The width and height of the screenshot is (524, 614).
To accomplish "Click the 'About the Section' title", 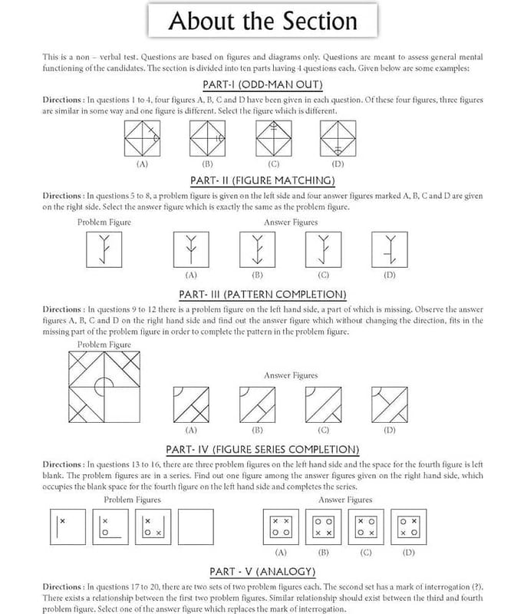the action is coord(262,21).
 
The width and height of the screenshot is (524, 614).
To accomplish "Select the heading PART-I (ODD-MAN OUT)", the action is coord(262,84).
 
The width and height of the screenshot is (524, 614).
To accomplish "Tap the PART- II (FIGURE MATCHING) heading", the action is coord(262,180).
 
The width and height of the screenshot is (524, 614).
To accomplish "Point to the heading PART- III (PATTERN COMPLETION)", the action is coord(262,295).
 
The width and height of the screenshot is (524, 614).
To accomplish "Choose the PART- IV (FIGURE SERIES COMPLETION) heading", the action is coord(262,450).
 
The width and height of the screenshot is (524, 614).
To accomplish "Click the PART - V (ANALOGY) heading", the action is coord(262,572).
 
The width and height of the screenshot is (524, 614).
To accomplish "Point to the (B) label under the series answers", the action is coord(323,553).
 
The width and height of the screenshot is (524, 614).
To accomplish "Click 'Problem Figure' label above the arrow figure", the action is coord(104,223).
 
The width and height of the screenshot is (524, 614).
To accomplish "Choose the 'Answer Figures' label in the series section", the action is coord(345,500).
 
